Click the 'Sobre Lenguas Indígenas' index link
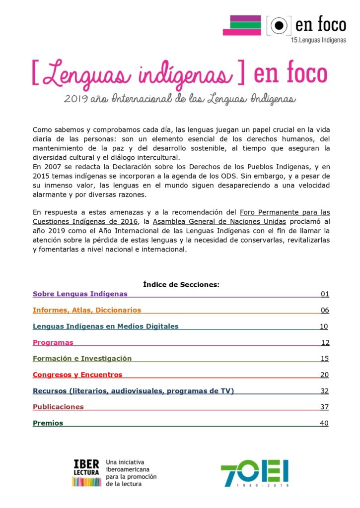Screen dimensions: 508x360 80,294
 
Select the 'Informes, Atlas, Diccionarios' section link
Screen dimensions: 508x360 87,310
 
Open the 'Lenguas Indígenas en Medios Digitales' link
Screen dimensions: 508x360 105,326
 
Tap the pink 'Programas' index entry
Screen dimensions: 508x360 53,342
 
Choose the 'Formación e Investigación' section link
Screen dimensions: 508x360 82,358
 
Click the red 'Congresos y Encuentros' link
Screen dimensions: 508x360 77,375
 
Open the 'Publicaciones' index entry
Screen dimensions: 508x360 58,407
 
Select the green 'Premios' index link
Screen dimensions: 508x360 48,423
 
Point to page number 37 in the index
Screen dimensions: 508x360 324,407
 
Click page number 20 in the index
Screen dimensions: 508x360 324,375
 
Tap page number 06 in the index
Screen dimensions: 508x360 325,310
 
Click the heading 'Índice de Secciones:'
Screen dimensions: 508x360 181,285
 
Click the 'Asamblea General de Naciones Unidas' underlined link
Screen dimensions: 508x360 219,222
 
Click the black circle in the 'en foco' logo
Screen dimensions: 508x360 280,25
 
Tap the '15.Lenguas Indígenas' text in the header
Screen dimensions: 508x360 318,40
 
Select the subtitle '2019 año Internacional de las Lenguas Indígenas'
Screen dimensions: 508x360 180,99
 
